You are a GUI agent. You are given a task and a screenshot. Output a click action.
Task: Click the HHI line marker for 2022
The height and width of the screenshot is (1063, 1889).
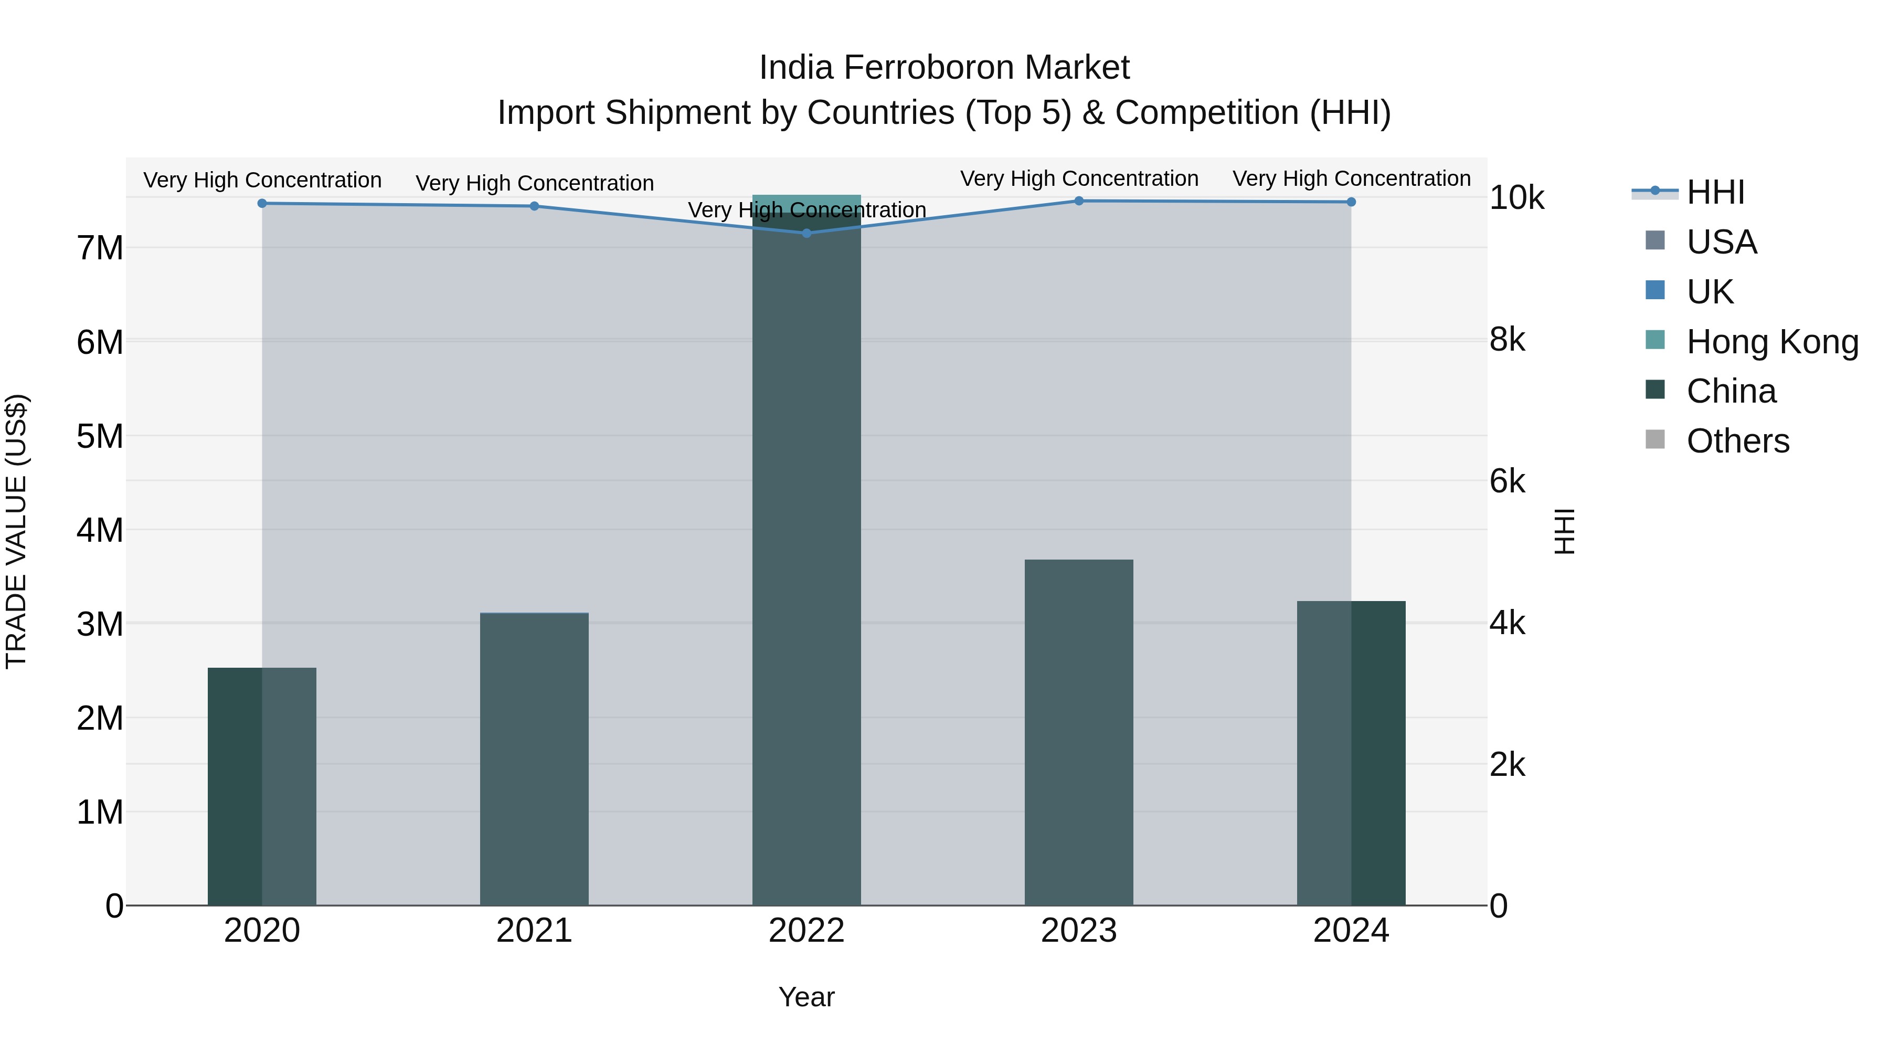pyautogui.click(x=806, y=233)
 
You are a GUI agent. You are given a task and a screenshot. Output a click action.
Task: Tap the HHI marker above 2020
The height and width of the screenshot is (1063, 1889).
pyautogui.click(x=262, y=203)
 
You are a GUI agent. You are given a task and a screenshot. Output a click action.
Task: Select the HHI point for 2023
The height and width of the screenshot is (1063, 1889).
pyautogui.click(x=1079, y=201)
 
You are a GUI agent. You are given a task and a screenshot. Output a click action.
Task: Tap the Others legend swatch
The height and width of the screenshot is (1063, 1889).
pyautogui.click(x=1655, y=440)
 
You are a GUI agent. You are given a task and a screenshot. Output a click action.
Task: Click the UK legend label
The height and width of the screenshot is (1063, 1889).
pyautogui.click(x=1710, y=292)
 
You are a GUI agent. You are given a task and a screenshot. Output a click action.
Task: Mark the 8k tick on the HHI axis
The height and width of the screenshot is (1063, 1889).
pyautogui.click(x=1508, y=340)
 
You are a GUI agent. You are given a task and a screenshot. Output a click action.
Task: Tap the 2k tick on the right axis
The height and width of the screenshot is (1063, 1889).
pyautogui.click(x=1508, y=765)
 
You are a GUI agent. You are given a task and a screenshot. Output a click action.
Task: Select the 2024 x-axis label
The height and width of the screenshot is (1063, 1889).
pyautogui.click(x=1351, y=931)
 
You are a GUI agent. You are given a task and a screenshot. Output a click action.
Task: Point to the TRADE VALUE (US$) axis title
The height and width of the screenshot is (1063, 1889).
pyautogui.click(x=16, y=532)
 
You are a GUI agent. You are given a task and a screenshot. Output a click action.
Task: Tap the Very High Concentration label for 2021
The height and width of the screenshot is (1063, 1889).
pyautogui.click(x=535, y=183)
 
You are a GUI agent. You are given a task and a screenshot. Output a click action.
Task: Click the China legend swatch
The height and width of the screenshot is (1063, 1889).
pyautogui.click(x=1655, y=390)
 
